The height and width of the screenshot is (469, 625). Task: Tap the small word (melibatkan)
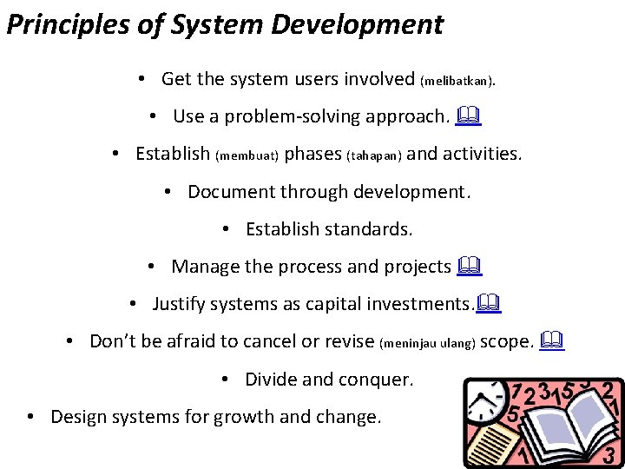point(458,82)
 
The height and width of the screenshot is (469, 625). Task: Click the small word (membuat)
point(247,156)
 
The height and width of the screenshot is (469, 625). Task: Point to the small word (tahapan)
point(374,156)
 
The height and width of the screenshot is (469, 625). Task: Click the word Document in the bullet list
point(227,191)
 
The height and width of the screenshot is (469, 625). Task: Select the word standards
point(369,229)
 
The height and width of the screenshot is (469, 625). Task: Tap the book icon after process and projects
point(471,266)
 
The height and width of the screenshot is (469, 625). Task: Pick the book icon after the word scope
point(552,340)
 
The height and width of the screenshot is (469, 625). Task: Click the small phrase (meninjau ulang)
point(428,344)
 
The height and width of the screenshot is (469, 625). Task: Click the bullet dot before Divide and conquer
point(225,380)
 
